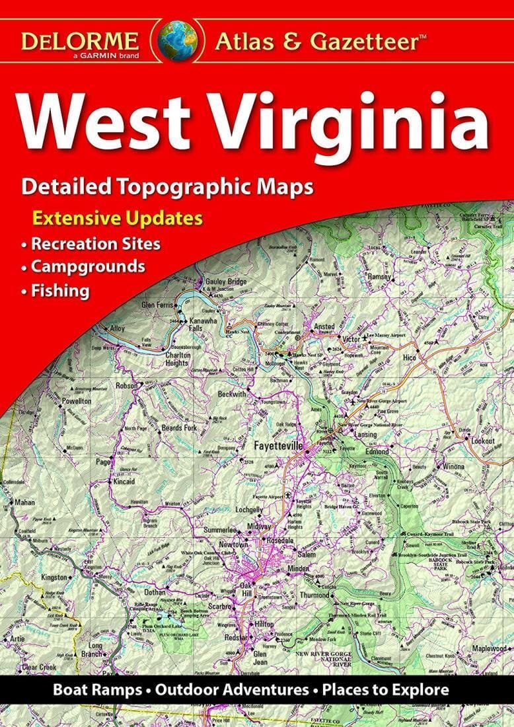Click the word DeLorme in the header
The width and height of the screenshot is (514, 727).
(x=79, y=40)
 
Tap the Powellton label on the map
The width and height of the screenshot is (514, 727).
(x=77, y=401)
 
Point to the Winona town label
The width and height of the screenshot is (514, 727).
(x=453, y=466)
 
